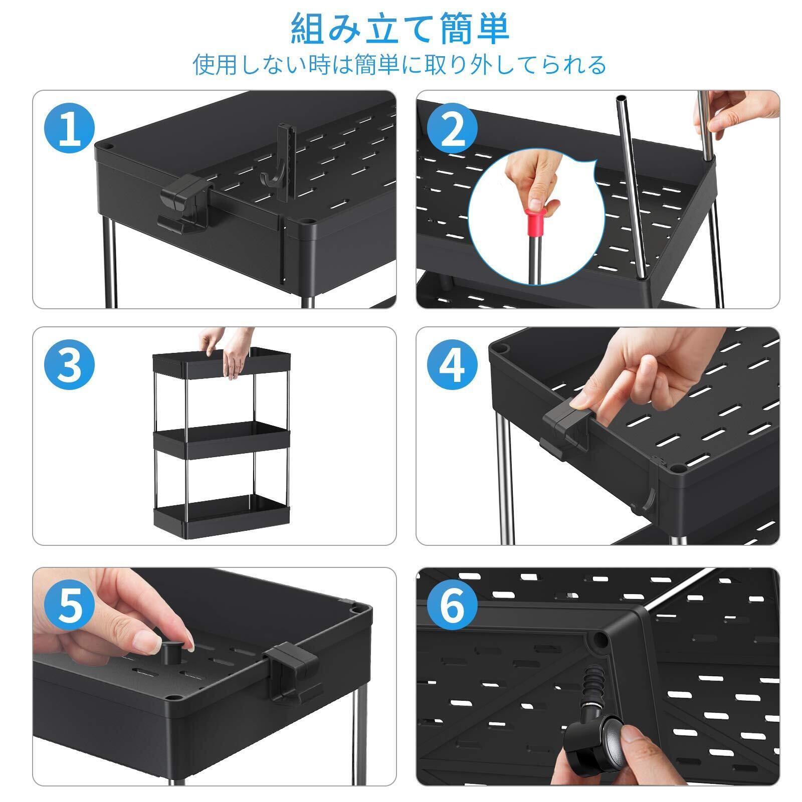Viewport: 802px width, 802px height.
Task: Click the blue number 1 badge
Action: [x=70, y=129]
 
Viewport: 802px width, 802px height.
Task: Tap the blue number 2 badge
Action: [x=453, y=129]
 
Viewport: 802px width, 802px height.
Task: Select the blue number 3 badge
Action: [x=70, y=364]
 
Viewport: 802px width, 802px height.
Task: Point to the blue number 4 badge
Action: [x=453, y=364]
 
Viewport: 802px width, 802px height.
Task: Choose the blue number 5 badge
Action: [x=70, y=606]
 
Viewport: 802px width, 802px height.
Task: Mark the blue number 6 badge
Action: [x=453, y=606]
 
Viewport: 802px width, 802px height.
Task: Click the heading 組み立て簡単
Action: [x=400, y=30]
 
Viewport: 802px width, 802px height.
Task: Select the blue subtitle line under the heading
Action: [x=399, y=65]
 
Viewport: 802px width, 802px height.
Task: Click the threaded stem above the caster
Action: [x=591, y=687]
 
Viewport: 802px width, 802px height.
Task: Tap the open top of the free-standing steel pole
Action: [x=622, y=99]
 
